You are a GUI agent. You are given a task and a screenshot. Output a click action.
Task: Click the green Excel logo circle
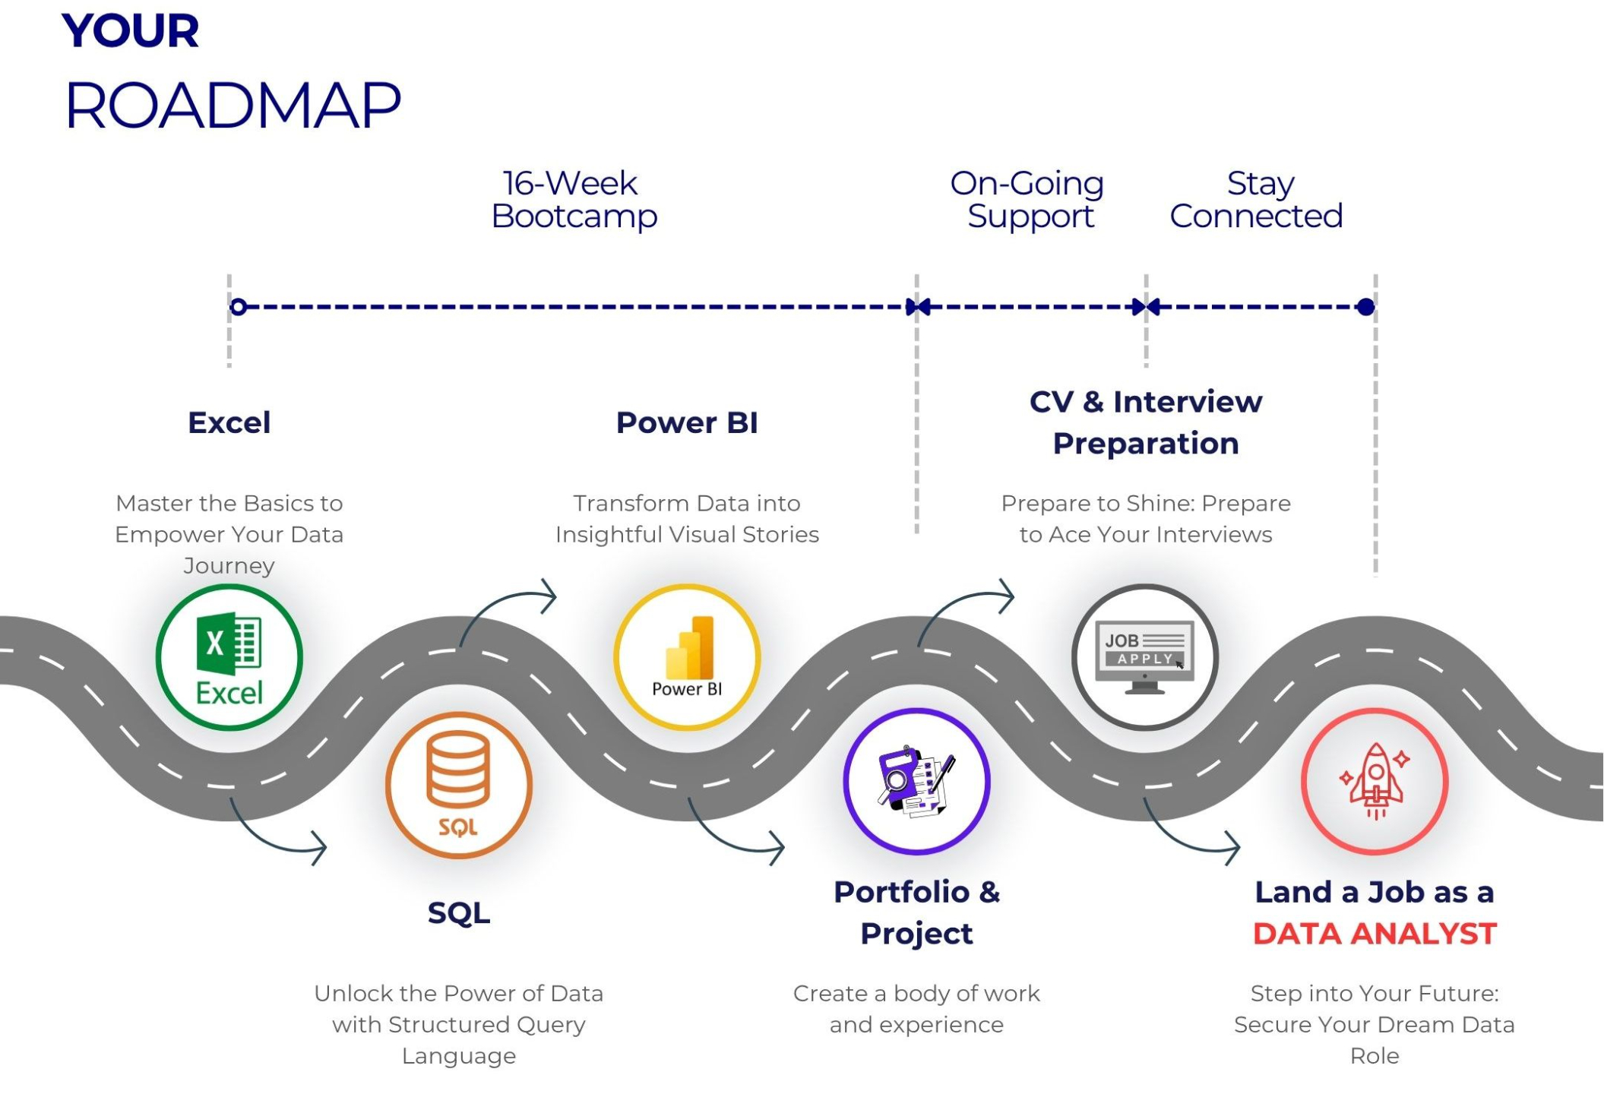(x=229, y=657)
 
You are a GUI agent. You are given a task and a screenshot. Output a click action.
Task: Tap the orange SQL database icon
(x=458, y=784)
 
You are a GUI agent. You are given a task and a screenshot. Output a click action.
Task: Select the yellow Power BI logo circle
(x=687, y=657)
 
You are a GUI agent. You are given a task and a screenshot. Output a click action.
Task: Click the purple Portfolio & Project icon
(x=916, y=782)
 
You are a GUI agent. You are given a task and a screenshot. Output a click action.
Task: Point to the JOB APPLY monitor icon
(x=1145, y=657)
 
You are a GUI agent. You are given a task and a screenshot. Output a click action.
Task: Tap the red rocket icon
(x=1375, y=782)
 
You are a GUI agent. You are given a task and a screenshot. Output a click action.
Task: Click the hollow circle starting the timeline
(x=238, y=307)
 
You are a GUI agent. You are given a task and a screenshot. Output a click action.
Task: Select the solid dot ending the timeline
(x=1365, y=307)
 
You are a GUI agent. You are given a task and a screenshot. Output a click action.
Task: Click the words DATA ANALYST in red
(x=1375, y=934)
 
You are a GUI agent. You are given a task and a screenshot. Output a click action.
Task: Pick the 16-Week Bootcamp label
(x=574, y=200)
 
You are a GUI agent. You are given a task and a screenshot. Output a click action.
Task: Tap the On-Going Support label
(x=1028, y=200)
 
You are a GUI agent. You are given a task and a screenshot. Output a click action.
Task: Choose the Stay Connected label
(x=1257, y=200)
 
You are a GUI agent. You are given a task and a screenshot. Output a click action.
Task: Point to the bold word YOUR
(x=130, y=31)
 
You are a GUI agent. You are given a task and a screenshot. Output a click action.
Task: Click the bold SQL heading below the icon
(x=458, y=912)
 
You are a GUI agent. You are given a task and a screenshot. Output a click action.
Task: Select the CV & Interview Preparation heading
(x=1145, y=422)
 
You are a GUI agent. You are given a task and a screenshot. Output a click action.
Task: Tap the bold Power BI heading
(x=687, y=422)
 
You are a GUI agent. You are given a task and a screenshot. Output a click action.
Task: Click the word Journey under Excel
(x=229, y=566)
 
